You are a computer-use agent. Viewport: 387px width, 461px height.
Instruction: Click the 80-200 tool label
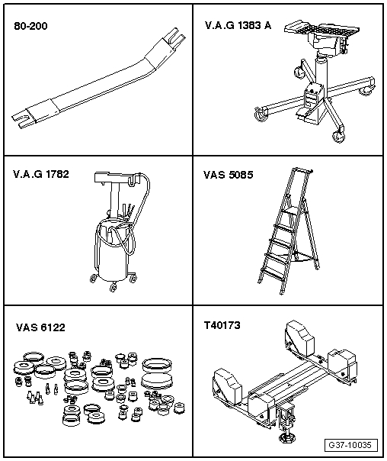30,26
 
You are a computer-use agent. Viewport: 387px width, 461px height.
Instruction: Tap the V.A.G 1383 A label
238,26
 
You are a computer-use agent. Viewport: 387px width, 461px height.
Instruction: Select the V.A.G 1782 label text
41,174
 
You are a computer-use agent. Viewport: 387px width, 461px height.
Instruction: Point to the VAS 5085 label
228,175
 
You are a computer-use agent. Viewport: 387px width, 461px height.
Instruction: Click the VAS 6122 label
40,327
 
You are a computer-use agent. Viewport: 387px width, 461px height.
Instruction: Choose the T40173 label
222,325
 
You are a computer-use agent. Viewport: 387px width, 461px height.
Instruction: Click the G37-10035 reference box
350,445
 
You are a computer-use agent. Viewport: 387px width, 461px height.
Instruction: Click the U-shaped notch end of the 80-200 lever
20,119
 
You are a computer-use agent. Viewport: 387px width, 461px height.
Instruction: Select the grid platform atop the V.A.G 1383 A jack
321,28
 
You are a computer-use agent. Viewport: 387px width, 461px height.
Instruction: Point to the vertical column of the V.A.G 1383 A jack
321,77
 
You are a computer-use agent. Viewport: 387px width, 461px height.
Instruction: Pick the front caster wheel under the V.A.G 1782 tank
113,287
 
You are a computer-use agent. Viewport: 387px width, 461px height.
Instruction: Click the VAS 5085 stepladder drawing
289,230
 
